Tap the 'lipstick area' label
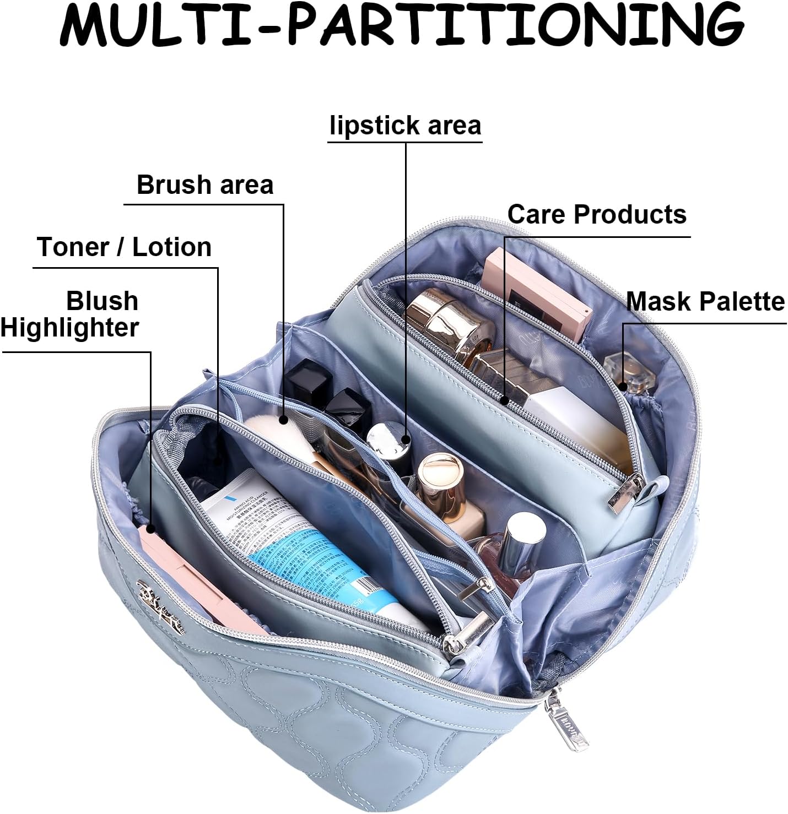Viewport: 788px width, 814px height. tap(405, 126)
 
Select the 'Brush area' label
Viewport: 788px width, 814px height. tap(204, 185)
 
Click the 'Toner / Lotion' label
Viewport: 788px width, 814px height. tap(125, 247)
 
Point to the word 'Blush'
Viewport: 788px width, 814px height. tap(102, 301)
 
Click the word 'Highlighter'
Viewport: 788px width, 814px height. tap(69, 328)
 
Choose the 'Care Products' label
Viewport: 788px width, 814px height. tap(597, 214)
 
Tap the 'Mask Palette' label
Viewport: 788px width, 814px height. tap(705, 301)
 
